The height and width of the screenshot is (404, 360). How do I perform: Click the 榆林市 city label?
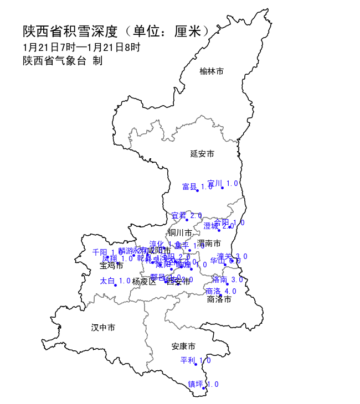[x=212, y=71]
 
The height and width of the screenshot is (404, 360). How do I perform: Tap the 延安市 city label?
[x=202, y=153]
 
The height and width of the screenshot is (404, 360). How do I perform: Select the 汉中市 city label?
[x=103, y=328]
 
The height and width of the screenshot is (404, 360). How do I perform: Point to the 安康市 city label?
[x=183, y=346]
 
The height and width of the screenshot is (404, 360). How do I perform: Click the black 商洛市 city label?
[x=219, y=299]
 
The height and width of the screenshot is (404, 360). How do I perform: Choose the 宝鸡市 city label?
[x=111, y=266]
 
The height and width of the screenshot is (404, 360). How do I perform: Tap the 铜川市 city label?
[x=180, y=232]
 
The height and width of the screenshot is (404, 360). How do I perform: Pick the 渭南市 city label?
[x=209, y=243]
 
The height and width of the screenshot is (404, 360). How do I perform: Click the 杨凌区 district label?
[x=145, y=281]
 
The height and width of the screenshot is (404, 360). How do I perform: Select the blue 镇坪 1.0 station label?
[x=203, y=384]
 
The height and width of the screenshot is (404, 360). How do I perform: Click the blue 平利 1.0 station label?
[x=196, y=360]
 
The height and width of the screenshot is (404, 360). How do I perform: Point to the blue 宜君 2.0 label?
[x=187, y=215]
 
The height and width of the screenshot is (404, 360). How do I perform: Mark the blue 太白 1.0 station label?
[x=115, y=281]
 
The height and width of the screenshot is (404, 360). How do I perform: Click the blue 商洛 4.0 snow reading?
[x=221, y=291]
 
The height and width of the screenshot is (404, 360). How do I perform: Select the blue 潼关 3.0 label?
[x=232, y=256]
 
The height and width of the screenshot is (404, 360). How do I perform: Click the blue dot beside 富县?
[x=197, y=191]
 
